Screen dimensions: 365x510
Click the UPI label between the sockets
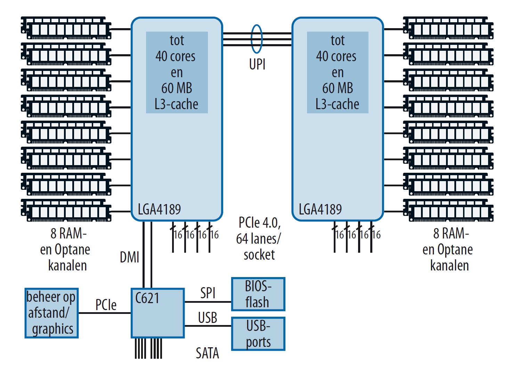(257, 64)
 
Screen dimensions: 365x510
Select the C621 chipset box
(157, 313)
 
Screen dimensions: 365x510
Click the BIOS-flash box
(258, 294)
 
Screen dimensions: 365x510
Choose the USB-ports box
(258, 334)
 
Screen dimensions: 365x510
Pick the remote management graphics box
(51, 313)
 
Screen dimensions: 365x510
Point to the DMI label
(129, 257)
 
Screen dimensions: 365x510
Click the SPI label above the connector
(208, 293)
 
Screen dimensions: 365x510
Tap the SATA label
(207, 353)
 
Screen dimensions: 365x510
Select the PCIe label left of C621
(106, 305)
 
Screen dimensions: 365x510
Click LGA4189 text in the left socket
(159, 209)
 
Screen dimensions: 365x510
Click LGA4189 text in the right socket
(320, 209)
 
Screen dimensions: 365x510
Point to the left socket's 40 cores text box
(177, 72)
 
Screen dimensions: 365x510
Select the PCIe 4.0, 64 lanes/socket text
(259, 238)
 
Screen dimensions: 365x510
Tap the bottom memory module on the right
(448, 210)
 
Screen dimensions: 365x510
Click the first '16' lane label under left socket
(178, 235)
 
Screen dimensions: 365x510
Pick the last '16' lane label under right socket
(376, 235)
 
